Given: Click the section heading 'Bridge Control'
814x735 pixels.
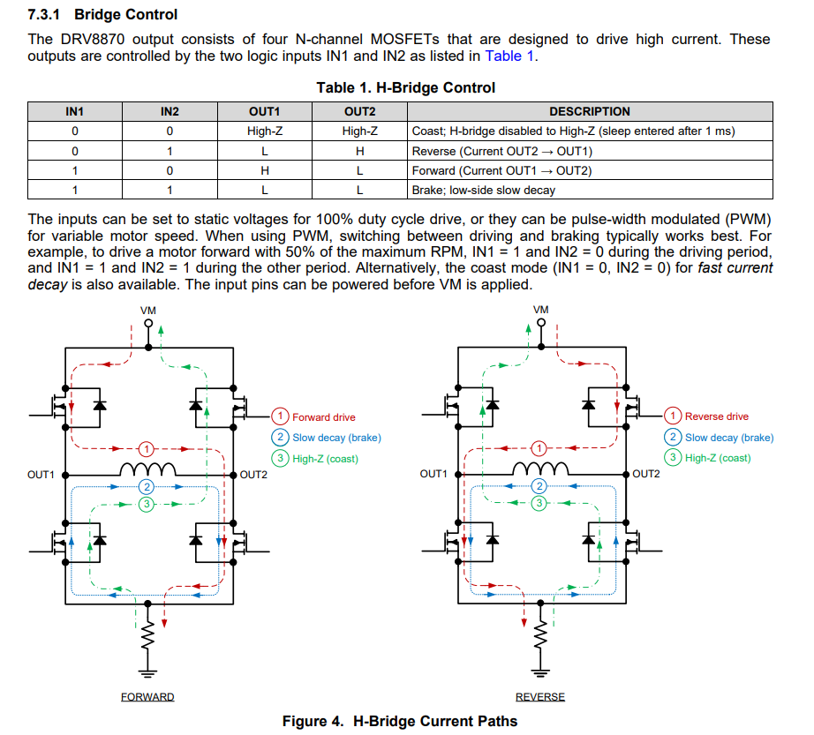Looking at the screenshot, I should click(125, 14).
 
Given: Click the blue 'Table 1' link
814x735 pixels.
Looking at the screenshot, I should click(509, 56).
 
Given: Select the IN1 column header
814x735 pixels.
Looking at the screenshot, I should click(75, 112).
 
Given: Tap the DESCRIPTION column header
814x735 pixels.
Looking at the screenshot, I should click(590, 112).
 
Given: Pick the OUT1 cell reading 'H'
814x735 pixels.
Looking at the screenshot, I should click(264, 170).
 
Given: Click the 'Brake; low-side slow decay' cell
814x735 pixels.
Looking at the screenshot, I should click(484, 190).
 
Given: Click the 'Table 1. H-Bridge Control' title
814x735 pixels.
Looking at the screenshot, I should click(406, 87).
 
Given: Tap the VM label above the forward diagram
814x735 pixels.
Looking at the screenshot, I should click(148, 310).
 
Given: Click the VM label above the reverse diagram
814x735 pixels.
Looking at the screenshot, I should click(541, 310).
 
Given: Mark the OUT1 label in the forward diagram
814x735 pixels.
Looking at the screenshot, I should click(41, 475).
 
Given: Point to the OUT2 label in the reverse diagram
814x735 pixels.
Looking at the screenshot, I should click(646, 474).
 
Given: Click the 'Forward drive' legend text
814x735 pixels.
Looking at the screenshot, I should click(324, 416).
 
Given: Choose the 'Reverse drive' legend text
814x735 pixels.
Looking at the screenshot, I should click(716, 416).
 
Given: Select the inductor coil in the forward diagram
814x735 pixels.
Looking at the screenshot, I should click(147, 469).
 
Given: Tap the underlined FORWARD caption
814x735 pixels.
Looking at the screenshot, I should click(147, 697).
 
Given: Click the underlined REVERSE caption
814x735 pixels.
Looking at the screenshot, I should click(540, 697).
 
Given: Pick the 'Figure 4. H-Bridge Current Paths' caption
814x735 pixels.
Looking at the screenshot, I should click(400, 721).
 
